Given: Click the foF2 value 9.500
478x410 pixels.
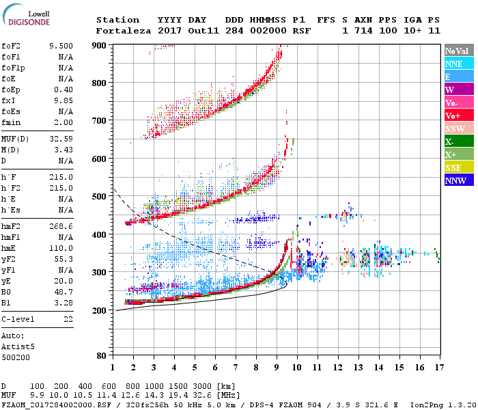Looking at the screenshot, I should tap(61, 46).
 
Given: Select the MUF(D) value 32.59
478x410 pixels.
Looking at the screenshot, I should tap(61, 139).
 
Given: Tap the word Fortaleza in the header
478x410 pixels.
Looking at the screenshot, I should tap(117, 31).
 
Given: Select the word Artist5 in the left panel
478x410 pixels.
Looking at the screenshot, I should tap(18, 346).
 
